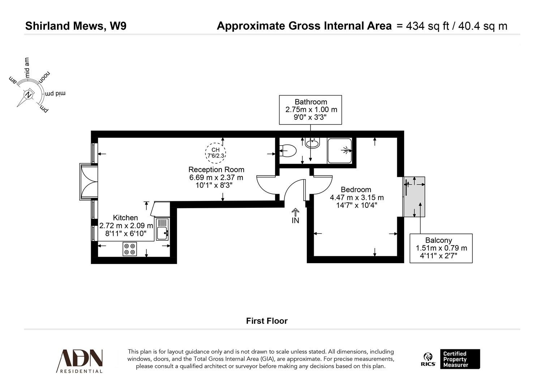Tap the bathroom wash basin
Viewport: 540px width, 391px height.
(312, 143)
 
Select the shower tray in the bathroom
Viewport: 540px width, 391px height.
(339, 150)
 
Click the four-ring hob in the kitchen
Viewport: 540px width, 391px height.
(130, 249)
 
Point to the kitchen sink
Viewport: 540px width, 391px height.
(162, 229)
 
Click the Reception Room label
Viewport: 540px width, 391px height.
(216, 169)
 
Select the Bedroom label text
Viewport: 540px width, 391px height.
(356, 189)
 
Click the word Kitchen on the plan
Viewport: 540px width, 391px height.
(125, 218)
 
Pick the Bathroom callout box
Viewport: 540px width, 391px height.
(310, 110)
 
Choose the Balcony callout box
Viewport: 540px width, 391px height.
(441, 248)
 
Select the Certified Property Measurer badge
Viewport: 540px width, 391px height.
(460, 359)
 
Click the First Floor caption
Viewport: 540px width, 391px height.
(267, 321)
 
